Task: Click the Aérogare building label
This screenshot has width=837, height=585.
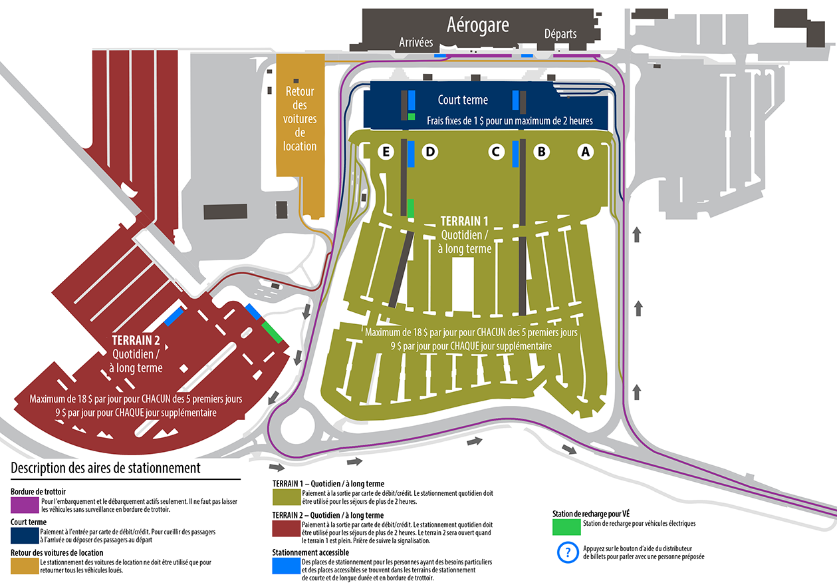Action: (x=478, y=25)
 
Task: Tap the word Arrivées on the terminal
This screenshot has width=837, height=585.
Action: (x=416, y=42)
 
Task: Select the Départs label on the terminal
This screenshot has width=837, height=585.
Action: (x=560, y=34)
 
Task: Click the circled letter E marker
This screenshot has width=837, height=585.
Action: (x=386, y=152)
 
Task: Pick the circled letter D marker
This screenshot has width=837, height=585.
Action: (x=430, y=152)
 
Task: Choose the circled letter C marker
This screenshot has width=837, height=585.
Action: (x=496, y=152)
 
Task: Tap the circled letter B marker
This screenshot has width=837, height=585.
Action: (x=541, y=152)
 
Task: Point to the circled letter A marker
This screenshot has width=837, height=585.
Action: (x=586, y=152)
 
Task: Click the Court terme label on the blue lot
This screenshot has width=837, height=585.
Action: (x=463, y=100)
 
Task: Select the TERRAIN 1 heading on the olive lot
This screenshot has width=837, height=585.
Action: (x=464, y=221)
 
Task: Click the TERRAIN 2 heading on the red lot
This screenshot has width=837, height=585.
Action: (x=136, y=340)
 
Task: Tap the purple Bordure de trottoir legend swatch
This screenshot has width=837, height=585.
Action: (x=25, y=505)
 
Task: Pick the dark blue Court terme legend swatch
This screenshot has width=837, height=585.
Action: (x=25, y=536)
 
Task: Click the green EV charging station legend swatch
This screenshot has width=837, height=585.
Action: (x=566, y=527)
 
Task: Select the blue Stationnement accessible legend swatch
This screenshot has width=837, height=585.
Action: (x=287, y=566)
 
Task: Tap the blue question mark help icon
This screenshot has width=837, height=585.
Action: (x=568, y=552)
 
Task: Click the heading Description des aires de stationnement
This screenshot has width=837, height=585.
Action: (x=105, y=468)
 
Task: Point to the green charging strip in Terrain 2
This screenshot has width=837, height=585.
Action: (x=272, y=332)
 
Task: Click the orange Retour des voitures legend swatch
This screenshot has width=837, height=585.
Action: (x=25, y=566)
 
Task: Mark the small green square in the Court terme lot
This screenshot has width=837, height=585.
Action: (x=412, y=116)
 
